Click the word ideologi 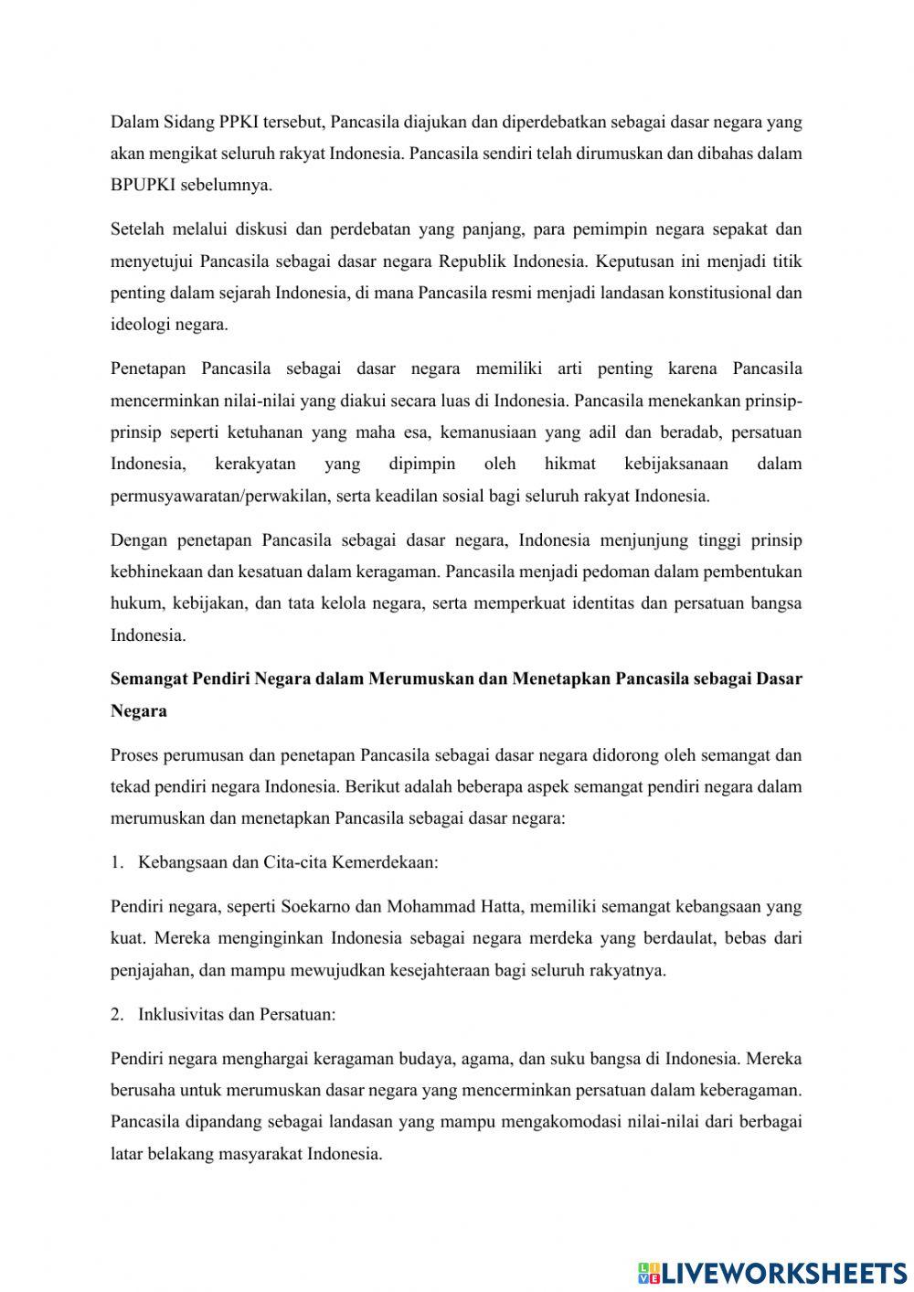[x=138, y=324]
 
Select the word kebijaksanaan [x=675, y=464]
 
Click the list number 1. [x=116, y=861]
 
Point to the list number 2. [x=116, y=1014]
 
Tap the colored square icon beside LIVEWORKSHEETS [x=649, y=1272]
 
